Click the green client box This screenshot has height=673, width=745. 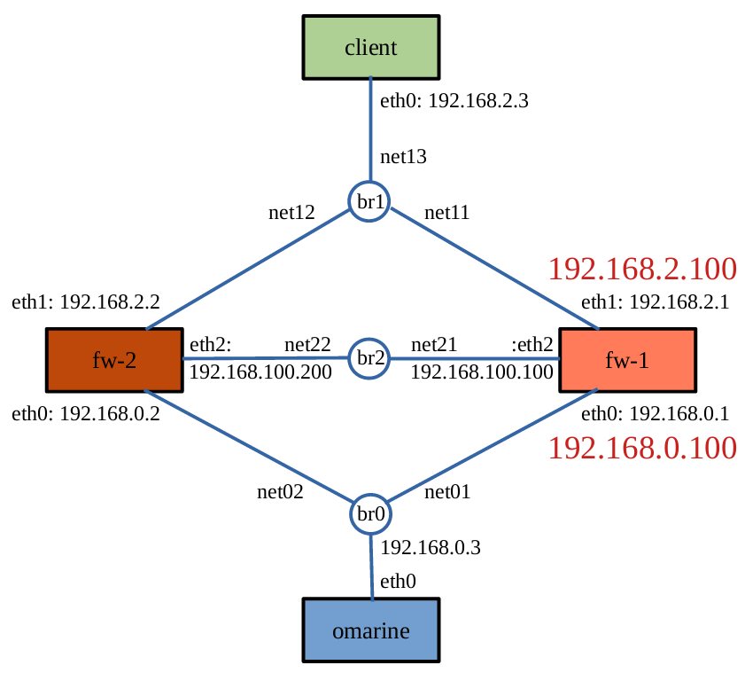[x=371, y=46]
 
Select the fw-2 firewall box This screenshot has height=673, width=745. [x=114, y=360]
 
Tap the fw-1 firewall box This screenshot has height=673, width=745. [x=627, y=360]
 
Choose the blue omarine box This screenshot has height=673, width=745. [x=371, y=630]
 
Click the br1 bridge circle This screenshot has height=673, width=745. [x=370, y=201]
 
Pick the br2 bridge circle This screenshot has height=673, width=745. [x=370, y=359]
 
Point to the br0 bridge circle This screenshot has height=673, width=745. [x=370, y=513]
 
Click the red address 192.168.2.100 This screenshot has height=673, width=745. [x=642, y=269]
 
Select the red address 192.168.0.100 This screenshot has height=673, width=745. [x=642, y=448]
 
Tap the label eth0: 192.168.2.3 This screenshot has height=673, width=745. [x=454, y=100]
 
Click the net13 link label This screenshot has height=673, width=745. [x=403, y=157]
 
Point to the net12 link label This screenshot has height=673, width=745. [x=291, y=213]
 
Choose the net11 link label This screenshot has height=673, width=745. [x=446, y=213]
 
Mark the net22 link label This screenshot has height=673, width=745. [x=307, y=344]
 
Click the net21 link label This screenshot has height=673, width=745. [x=434, y=344]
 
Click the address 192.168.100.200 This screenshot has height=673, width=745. [x=260, y=372]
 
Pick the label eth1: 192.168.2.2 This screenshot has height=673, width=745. [x=86, y=301]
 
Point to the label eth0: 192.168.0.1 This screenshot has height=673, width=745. [x=655, y=414]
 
